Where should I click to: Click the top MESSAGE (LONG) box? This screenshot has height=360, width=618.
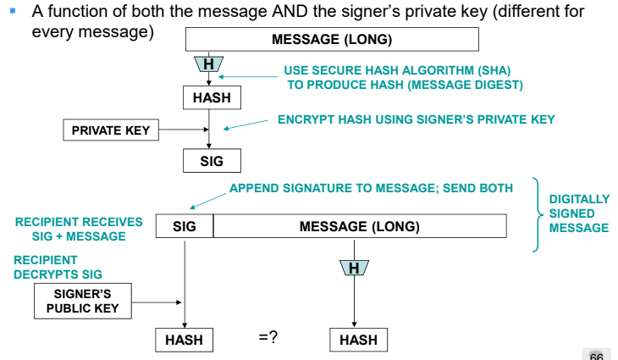331,40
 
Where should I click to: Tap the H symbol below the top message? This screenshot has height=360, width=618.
207,64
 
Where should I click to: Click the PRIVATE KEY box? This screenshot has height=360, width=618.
110,130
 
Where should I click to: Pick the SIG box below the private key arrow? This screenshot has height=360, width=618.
211,161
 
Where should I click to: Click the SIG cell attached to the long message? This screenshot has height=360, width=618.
185,226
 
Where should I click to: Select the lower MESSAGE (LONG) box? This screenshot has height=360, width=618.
359,226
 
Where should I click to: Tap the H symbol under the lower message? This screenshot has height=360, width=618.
354,269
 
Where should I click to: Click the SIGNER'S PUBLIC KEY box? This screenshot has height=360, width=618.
83,301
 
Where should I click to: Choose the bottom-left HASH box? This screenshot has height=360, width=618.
184,340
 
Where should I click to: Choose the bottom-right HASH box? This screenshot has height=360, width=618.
357,340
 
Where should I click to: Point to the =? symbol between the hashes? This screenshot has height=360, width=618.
268,338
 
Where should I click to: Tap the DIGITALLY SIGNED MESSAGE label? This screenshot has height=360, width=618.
579,213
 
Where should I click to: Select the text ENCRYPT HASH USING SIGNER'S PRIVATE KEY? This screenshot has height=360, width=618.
416,120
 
